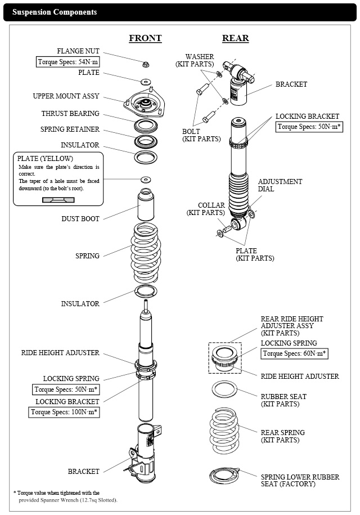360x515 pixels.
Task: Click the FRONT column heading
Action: pos(145,38)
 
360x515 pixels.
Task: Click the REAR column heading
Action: pos(235,38)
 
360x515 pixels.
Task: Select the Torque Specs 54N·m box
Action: pos(68,62)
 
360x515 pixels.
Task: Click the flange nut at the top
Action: pos(146,63)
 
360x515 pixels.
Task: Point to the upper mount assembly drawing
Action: pos(145,104)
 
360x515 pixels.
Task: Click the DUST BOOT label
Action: pos(80,218)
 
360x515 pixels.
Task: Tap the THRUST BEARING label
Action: pos(70,113)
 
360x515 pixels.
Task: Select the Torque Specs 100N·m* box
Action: pos(65,412)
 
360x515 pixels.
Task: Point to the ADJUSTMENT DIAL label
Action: pos(280,185)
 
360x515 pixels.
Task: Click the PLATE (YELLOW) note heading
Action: pos(45,158)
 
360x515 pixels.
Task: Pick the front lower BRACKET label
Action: pos(84,471)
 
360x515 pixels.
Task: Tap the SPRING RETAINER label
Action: pos(70,129)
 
